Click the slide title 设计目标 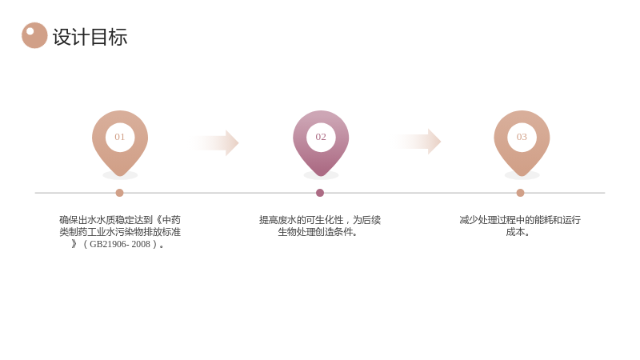(x=90, y=37)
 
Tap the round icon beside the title (x=34, y=35)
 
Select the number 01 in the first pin (x=119, y=137)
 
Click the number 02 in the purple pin (x=321, y=137)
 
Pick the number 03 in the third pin (x=522, y=137)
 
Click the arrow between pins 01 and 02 (x=214, y=143)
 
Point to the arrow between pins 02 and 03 (x=416, y=142)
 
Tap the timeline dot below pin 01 (x=119, y=193)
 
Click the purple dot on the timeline (x=320, y=193)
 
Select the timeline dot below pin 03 (x=520, y=193)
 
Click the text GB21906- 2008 (x=120, y=244)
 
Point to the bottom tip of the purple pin (x=321, y=176)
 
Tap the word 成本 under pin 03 (x=515, y=232)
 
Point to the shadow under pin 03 (x=522, y=176)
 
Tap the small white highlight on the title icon (x=30, y=31)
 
